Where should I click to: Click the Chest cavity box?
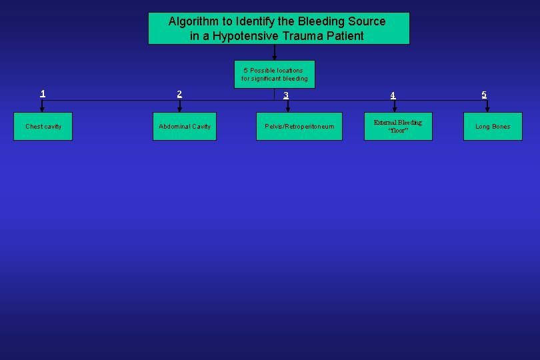[x=43, y=127]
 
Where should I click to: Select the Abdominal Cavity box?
[x=185, y=127]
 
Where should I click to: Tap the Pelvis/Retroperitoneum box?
[x=299, y=127]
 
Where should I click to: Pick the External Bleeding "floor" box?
[x=398, y=126]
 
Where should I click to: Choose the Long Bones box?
[x=493, y=127]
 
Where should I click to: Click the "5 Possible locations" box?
[x=275, y=74]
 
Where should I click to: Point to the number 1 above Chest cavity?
[x=43, y=93]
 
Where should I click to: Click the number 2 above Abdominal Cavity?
[x=179, y=94]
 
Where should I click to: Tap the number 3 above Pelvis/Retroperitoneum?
[x=286, y=95]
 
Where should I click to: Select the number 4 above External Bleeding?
[x=393, y=95]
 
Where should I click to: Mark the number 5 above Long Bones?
[x=485, y=94]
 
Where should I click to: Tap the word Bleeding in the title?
[x=325, y=21]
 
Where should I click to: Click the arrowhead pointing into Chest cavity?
[x=43, y=109]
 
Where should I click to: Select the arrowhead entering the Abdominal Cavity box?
[x=179, y=109]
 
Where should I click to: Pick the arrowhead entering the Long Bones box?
[x=487, y=109]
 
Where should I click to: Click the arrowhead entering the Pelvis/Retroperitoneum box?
[x=288, y=109]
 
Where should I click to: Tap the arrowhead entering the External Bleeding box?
[x=394, y=109]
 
